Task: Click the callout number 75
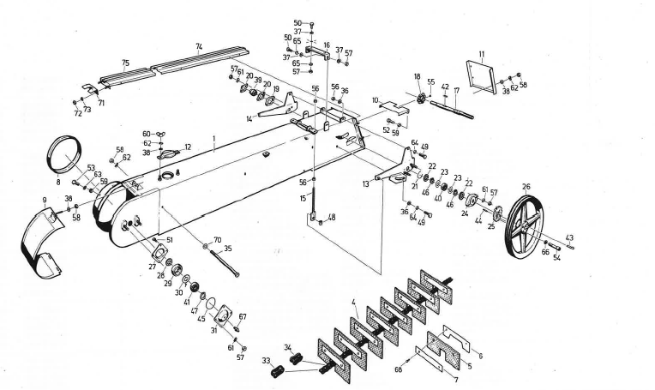click(x=125, y=62)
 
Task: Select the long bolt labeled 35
click(x=221, y=261)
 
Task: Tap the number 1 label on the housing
click(x=214, y=148)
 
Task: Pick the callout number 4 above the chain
click(x=352, y=300)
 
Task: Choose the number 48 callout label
click(x=331, y=217)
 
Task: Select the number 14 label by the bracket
click(x=249, y=119)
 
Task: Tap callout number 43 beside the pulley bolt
click(x=570, y=237)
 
